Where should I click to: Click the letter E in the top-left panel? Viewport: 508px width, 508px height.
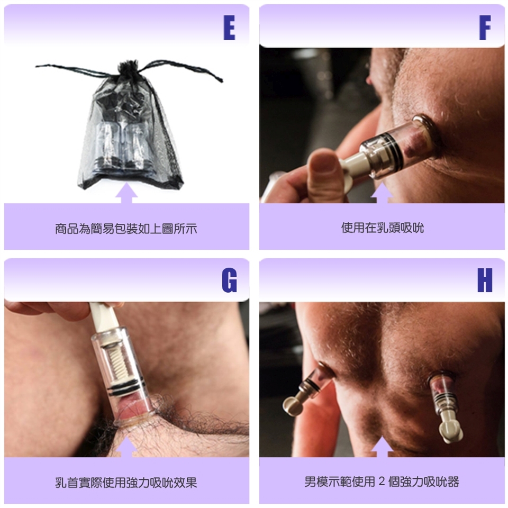(229, 28)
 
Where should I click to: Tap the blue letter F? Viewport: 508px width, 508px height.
(485, 28)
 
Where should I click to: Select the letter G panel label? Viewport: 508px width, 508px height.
(229, 280)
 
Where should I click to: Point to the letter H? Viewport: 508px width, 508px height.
(485, 280)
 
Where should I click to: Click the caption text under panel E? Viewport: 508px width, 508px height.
(126, 229)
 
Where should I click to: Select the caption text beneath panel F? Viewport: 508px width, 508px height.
(382, 228)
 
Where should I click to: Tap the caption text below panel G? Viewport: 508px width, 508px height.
(126, 483)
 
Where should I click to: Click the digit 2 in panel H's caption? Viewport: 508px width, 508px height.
(382, 482)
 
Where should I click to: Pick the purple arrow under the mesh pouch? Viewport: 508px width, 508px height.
(126, 194)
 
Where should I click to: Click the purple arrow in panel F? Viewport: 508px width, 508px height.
(382, 194)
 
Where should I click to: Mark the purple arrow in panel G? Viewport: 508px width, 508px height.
(126, 447)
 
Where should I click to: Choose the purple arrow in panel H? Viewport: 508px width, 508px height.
(382, 447)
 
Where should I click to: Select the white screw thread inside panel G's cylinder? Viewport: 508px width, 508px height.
(114, 364)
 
